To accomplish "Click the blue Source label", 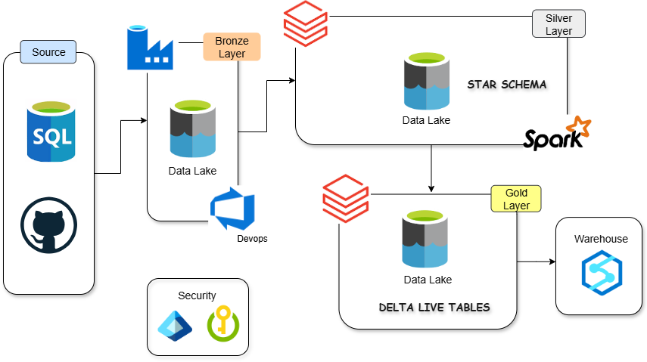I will (x=48, y=52).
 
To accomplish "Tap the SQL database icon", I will (x=51, y=131).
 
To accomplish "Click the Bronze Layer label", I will (x=232, y=46).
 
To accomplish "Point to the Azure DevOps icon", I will (x=232, y=209).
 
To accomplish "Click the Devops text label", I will (x=252, y=239).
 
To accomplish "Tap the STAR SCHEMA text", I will (x=506, y=84).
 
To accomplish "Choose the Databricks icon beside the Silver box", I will (x=305, y=24).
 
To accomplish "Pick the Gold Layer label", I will (x=518, y=199).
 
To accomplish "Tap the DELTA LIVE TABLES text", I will (x=434, y=308).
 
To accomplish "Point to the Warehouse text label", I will (x=601, y=239).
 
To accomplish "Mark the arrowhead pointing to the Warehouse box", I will (x=552, y=262).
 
